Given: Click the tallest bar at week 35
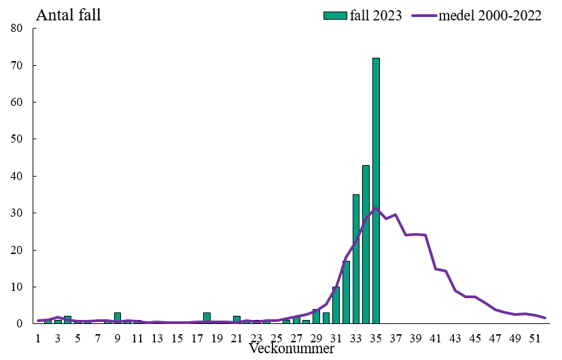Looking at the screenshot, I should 376,190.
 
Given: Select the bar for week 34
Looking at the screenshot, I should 366,245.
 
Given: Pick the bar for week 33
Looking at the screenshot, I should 355,259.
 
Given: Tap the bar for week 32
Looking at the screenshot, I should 346,293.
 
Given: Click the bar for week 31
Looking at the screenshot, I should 336,306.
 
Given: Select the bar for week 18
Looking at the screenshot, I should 207,319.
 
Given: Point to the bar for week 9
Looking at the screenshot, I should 118,319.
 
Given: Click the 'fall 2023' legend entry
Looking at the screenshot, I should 362,16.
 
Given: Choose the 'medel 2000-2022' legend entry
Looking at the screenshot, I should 476,16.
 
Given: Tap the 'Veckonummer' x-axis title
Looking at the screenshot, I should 291,349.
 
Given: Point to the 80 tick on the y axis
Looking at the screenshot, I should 17,29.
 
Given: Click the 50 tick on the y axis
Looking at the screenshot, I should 17,139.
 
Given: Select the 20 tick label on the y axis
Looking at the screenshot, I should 17,250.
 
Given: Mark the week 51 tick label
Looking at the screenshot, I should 535,338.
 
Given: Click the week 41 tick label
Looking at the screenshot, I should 436,338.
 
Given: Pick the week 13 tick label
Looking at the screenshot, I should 157,338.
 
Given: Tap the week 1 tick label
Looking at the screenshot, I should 38,338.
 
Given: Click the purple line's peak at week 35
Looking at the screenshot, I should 376,208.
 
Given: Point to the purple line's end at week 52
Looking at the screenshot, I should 545,318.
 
